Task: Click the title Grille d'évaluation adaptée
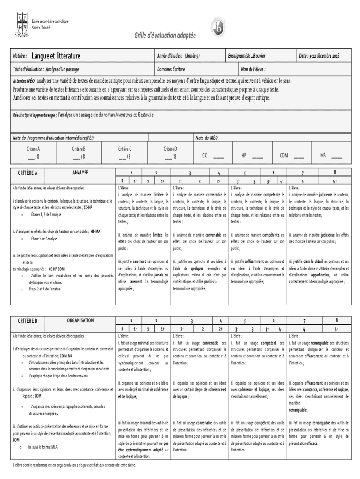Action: (x=165, y=36)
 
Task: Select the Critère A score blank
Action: (x=32, y=157)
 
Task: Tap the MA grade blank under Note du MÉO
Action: (x=336, y=155)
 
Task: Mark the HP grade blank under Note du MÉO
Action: (x=257, y=155)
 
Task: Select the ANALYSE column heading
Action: (x=80, y=173)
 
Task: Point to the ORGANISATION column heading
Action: (x=80, y=320)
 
